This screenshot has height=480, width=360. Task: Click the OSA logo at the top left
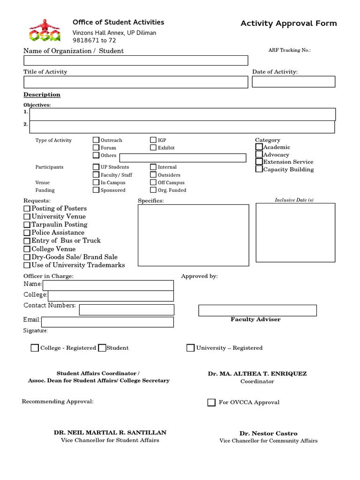coord(44,30)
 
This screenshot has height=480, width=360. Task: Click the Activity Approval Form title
coord(288,23)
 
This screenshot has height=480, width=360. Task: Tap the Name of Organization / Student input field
coord(135,60)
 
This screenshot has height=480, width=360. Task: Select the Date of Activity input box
coord(293,82)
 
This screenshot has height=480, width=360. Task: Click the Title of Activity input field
coord(135,82)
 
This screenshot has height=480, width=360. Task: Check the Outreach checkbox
coord(96,140)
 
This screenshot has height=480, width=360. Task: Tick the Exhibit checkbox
coord(153,147)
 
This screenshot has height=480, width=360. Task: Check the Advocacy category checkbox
coord(259,154)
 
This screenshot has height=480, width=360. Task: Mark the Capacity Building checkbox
coord(259,169)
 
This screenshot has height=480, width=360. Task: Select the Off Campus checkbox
coord(153,182)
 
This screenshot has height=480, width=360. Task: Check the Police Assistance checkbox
coord(27,232)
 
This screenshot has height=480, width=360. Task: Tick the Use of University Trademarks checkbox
coord(27,265)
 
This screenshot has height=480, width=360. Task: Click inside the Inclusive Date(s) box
coord(295,232)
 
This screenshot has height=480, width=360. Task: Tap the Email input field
coord(107,322)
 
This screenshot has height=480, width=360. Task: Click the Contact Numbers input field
coord(127,310)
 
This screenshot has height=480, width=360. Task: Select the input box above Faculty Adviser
coord(257,310)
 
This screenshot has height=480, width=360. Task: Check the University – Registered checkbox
coord(190,348)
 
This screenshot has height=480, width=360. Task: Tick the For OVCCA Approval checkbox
coord(211,402)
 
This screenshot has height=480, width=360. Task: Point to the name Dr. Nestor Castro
coord(268,434)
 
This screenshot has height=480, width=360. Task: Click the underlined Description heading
coord(42,95)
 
